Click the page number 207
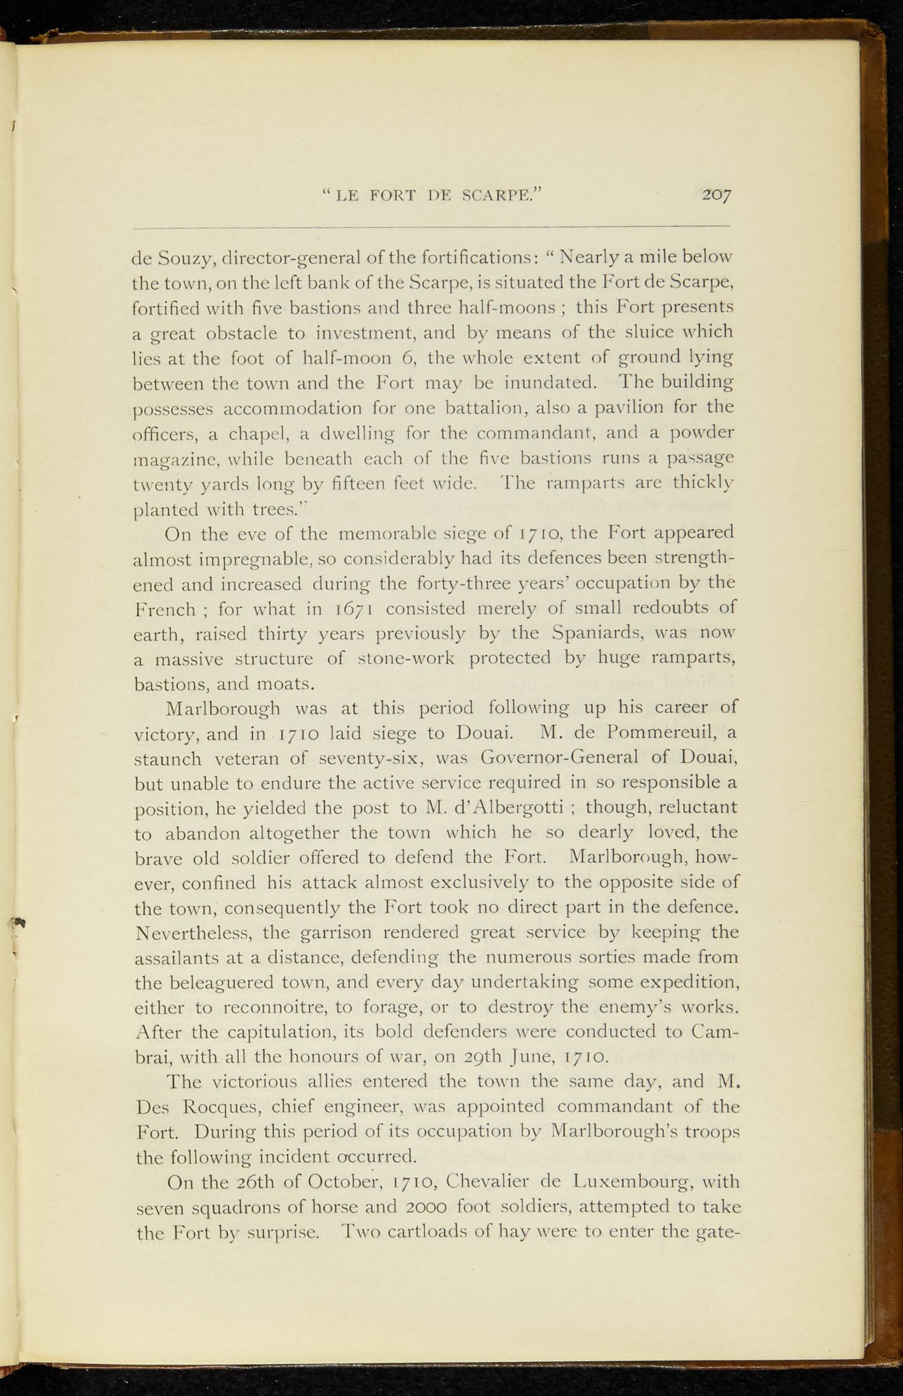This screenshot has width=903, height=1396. click(717, 195)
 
